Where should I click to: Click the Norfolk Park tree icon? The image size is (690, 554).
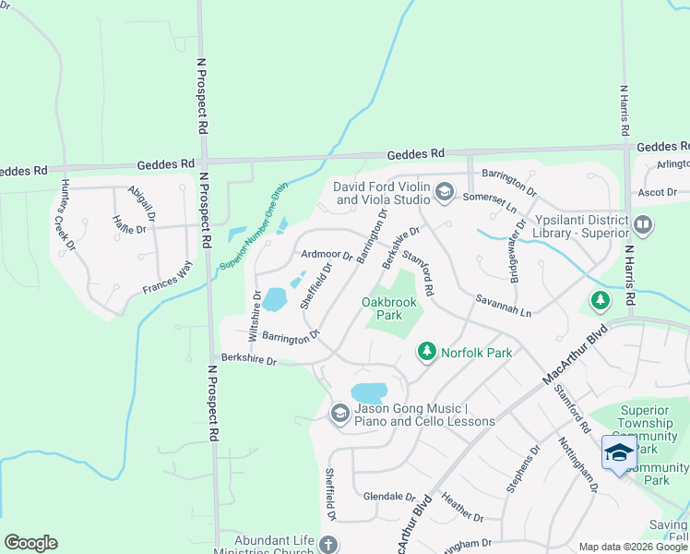click(426, 351)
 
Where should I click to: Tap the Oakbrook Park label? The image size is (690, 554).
click(389, 308)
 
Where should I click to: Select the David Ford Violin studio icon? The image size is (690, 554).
click(444, 191)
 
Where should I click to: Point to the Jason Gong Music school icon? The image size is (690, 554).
click(339, 413)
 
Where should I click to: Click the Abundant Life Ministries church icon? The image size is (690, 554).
click(327, 546)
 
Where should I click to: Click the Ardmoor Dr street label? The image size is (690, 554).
click(327, 254)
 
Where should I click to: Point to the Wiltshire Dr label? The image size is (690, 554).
click(255, 314)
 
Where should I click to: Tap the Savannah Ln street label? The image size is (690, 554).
click(504, 307)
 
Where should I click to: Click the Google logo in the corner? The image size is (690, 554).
click(30, 543)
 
